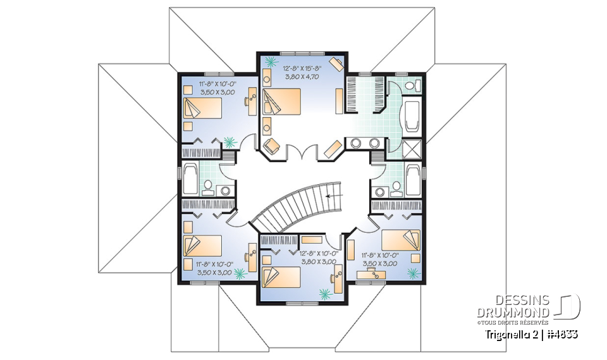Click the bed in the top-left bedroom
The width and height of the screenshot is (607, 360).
[202, 108]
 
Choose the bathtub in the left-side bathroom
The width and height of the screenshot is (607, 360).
[188, 179]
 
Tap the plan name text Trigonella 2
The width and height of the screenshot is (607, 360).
[510, 333]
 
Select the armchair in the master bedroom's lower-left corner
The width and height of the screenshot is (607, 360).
[271, 145]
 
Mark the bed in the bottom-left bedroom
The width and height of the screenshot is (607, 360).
[202, 244]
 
